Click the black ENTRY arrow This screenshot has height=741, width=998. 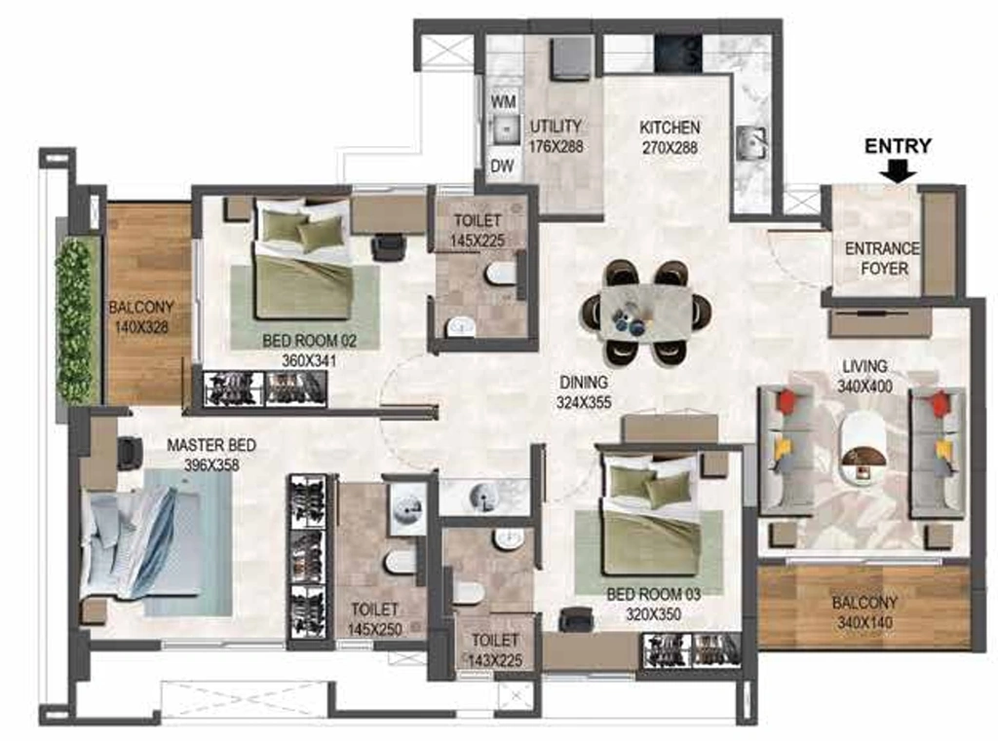point(898,169)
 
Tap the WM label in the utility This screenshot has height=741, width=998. point(504,102)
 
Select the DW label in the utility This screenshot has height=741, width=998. point(502,167)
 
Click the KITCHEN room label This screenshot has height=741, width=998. point(670,128)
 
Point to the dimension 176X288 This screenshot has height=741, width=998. point(556,146)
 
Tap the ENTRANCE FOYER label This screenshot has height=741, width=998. point(883,258)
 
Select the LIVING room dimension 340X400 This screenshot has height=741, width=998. point(865,387)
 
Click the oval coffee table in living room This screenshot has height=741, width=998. point(864,449)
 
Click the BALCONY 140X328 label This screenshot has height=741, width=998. point(141,317)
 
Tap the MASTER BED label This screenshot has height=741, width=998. point(211,445)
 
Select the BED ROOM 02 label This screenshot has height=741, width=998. point(309,341)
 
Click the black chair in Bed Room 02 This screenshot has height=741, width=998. point(388,246)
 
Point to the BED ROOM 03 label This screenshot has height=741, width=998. point(653,595)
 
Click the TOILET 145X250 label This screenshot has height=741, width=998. point(375,619)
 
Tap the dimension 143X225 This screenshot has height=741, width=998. point(495,660)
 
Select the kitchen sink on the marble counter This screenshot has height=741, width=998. point(751,143)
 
